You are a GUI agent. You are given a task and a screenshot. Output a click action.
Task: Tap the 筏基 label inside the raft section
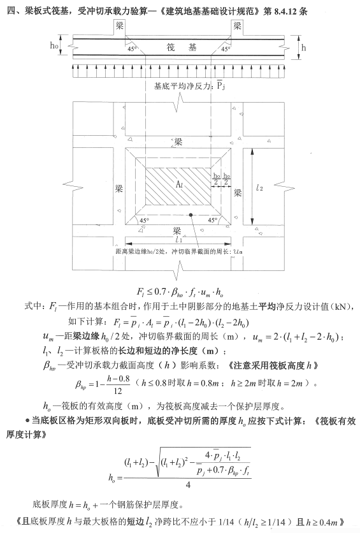click(x=180, y=48)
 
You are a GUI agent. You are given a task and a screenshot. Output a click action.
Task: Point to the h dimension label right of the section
click(x=303, y=48)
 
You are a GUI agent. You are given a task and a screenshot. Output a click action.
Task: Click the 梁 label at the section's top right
click(x=237, y=27)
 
